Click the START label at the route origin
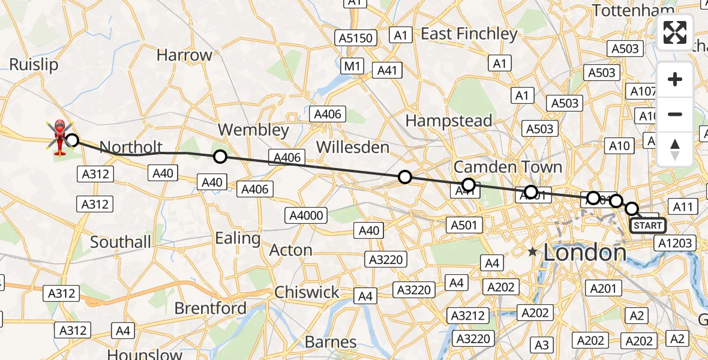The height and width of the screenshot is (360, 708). (x=647, y=226)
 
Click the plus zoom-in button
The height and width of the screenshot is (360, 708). (x=675, y=80)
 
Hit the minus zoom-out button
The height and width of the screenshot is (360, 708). (x=675, y=114)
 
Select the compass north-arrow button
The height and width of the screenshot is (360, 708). (x=675, y=149)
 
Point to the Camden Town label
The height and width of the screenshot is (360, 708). (x=508, y=167)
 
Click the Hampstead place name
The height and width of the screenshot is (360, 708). (x=449, y=121)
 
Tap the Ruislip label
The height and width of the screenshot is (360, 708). (x=34, y=65)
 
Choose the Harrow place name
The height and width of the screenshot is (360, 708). (x=184, y=55)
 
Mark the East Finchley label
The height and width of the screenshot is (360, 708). (x=469, y=34)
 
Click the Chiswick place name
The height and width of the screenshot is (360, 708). (x=307, y=292)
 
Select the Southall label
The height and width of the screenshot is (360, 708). (x=121, y=242)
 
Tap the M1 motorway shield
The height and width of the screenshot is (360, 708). (x=352, y=65)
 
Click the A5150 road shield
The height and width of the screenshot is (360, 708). (x=356, y=38)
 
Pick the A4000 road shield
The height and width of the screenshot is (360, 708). (x=307, y=215)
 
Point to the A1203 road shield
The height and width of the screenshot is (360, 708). (x=675, y=243)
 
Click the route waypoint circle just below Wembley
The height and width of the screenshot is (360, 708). (x=220, y=157)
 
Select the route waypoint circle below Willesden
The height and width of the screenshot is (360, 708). (x=405, y=176)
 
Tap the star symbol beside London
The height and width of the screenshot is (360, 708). (x=532, y=253)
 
